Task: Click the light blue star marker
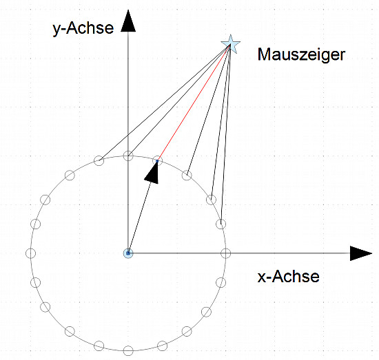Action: click(231, 44)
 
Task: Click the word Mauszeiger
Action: click(301, 55)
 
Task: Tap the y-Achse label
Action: click(83, 28)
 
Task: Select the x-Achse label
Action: click(288, 277)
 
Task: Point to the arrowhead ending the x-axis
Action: click(361, 253)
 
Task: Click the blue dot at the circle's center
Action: click(128, 253)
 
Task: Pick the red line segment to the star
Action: click(194, 103)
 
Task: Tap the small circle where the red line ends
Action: click(157, 161)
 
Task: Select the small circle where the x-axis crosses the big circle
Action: click(226, 253)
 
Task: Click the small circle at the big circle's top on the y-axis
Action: click(128, 156)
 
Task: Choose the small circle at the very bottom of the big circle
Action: click(128, 350)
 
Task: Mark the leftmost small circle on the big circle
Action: click(31, 253)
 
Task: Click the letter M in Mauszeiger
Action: click(264, 54)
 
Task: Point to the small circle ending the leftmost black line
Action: click(99, 160)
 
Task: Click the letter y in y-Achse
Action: click(57, 31)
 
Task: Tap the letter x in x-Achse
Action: click(262, 278)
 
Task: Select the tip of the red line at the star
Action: click(230, 45)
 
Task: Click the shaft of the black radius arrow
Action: click(139, 219)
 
